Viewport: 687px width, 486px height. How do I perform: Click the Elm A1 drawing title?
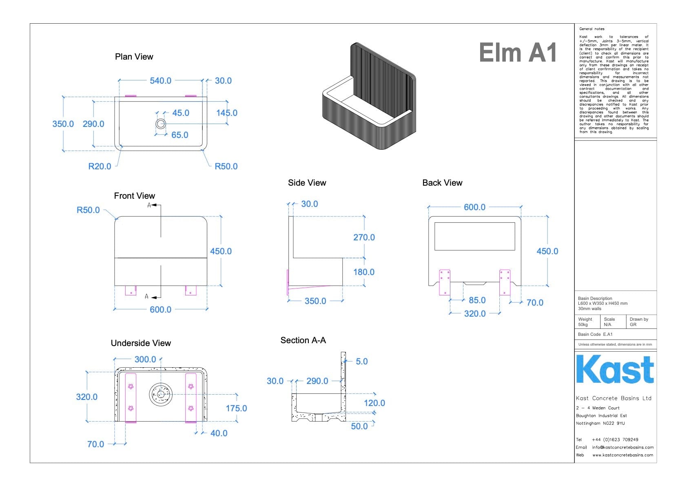click(x=518, y=53)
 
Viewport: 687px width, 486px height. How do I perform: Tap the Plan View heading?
click(x=134, y=57)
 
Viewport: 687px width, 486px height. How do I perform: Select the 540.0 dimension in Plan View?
click(x=160, y=81)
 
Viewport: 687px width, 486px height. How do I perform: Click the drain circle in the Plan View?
click(x=160, y=124)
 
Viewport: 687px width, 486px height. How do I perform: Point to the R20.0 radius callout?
click(x=100, y=166)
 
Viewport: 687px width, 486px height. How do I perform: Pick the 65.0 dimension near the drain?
click(x=180, y=135)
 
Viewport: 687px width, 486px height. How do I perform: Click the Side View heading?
click(x=307, y=183)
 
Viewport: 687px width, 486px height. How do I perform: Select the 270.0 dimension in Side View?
click(x=364, y=237)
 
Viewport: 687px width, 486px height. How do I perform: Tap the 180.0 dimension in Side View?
click(x=364, y=272)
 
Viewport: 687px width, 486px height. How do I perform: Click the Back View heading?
click(x=442, y=183)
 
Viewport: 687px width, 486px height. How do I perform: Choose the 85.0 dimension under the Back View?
click(x=477, y=300)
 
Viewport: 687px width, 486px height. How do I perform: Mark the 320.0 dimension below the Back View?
click(x=475, y=314)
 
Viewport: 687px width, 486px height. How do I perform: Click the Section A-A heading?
click(x=303, y=340)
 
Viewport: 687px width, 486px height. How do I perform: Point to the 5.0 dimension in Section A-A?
click(x=361, y=362)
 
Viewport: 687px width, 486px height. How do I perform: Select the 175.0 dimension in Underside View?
click(x=236, y=408)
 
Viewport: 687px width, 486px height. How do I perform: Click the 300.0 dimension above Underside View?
click(x=145, y=360)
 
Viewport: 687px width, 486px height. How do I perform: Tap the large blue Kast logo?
click(x=615, y=369)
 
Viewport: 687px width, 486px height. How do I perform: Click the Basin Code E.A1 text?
click(x=595, y=335)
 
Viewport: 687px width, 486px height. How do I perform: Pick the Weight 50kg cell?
click(x=586, y=322)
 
